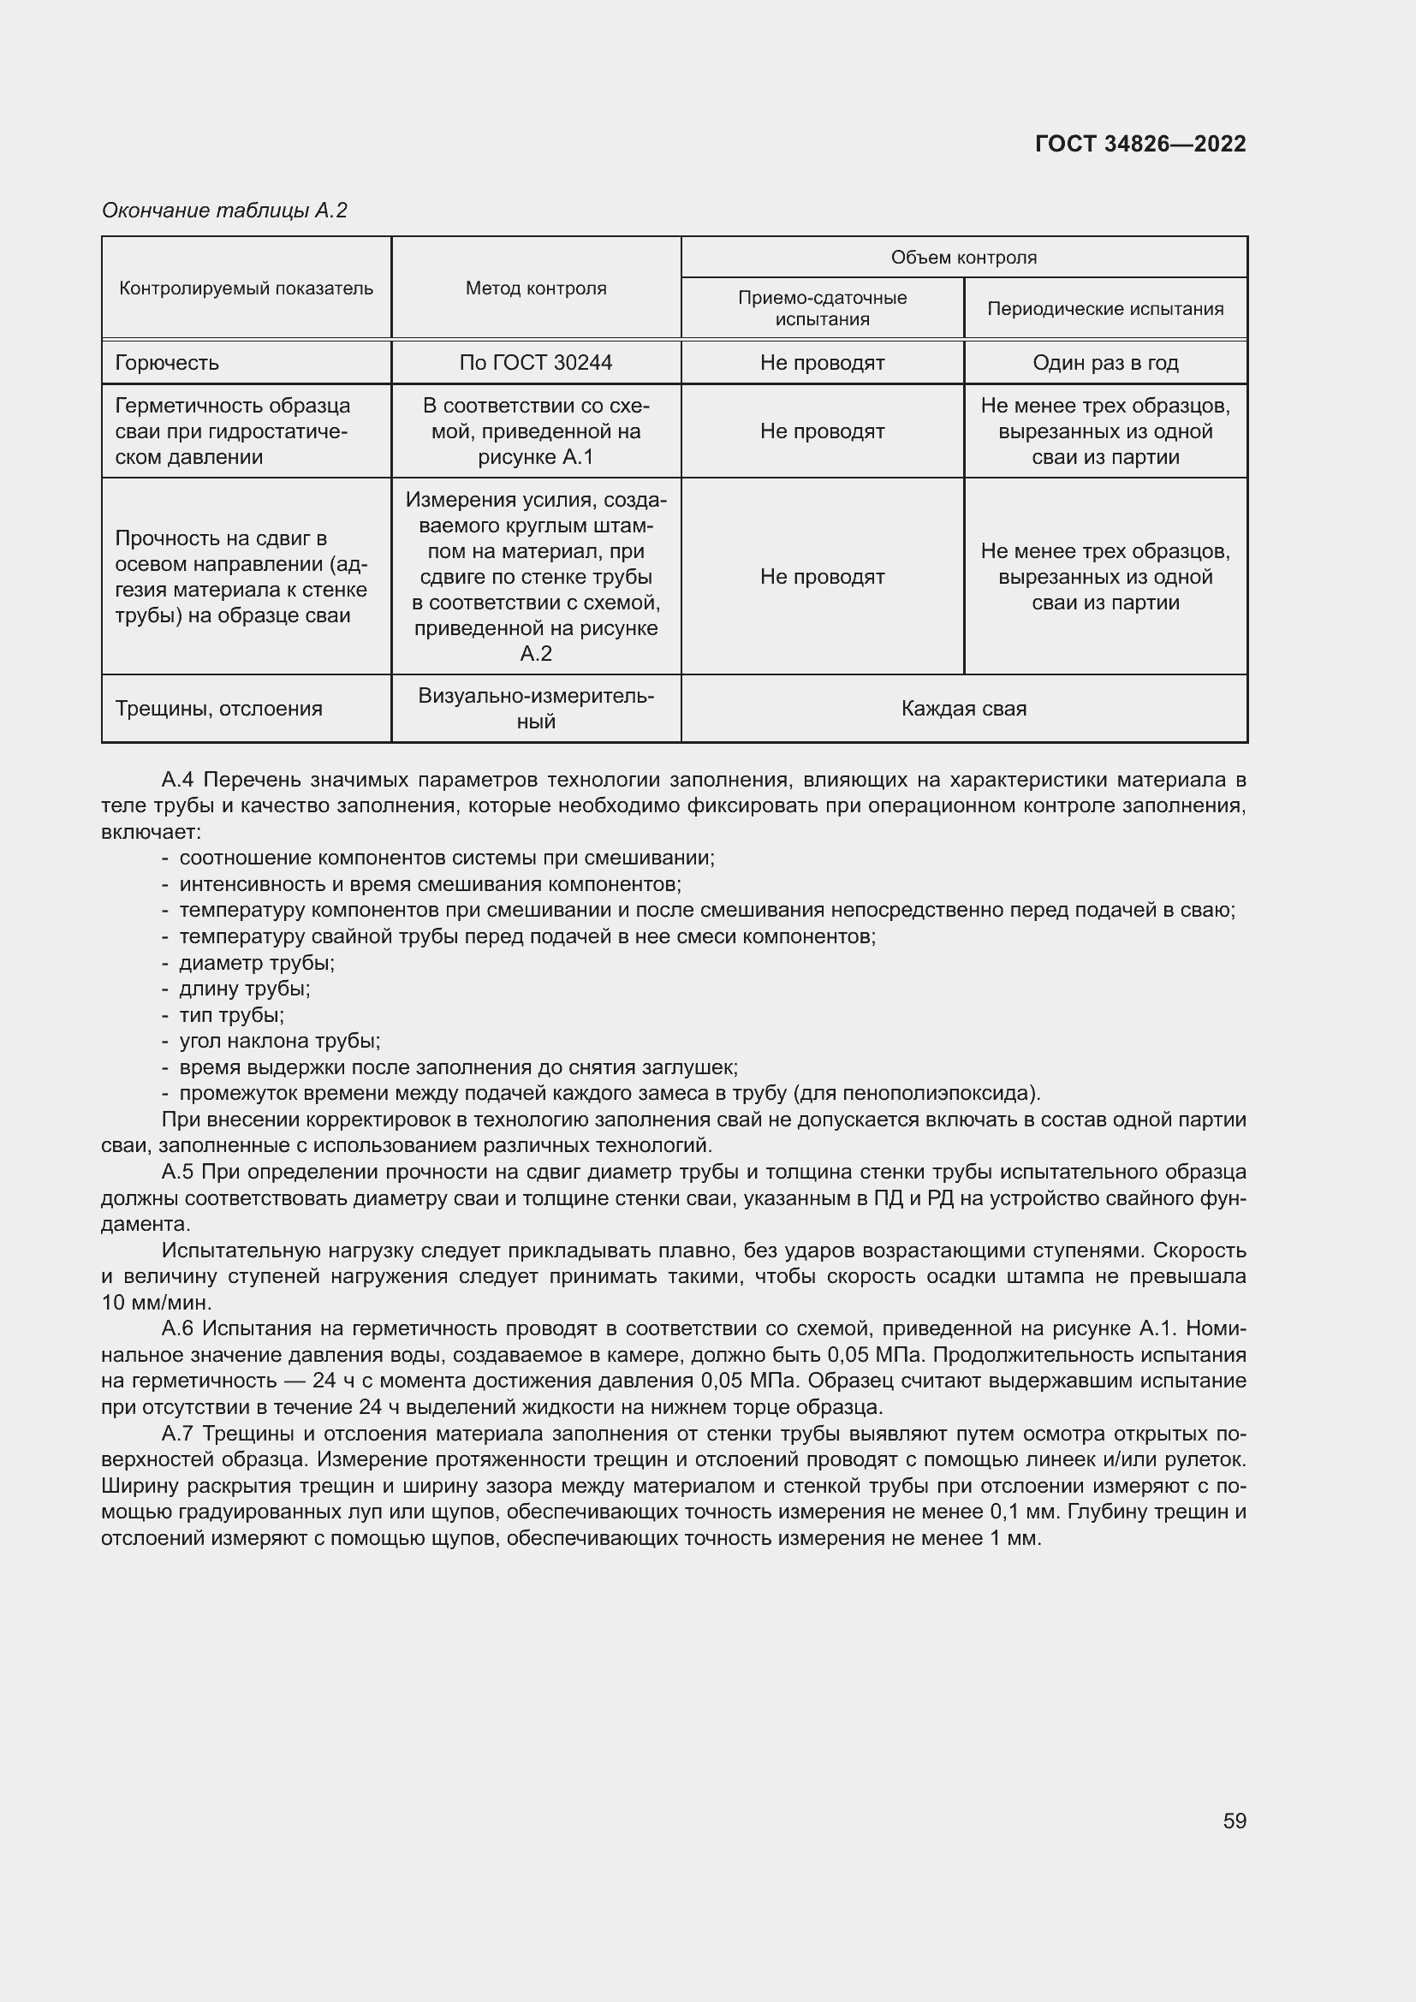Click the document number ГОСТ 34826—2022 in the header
[1139, 144]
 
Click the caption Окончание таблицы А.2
[224, 211]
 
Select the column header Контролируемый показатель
[246, 288]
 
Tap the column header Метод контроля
[535, 288]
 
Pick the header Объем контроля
[962, 258]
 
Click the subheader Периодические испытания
[1104, 309]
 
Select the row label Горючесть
[167, 363]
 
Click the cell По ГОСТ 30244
[535, 363]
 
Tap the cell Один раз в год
[1104, 363]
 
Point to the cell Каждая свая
[962, 708]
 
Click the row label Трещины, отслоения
[218, 708]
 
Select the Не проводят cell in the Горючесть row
[821, 363]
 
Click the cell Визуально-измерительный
[535, 708]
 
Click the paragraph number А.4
[180, 780]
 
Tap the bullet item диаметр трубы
[256, 963]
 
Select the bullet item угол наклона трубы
[279, 1040]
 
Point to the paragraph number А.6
[180, 1328]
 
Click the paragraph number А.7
[180, 1434]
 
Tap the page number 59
[1234, 1821]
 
